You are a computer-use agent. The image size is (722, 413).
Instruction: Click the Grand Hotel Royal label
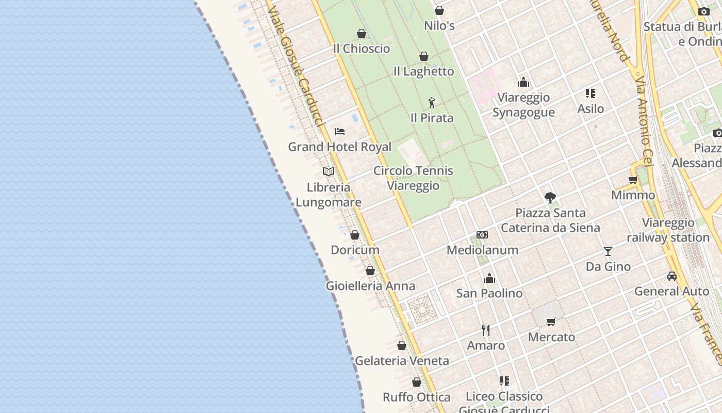(x=339, y=147)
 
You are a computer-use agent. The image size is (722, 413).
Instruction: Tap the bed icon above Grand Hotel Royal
(x=340, y=132)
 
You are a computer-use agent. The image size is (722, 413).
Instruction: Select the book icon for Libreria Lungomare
(x=329, y=172)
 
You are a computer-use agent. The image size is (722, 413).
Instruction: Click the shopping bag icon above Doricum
(x=355, y=235)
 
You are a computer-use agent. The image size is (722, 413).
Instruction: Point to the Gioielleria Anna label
(x=370, y=286)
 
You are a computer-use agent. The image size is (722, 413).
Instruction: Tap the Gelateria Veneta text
(x=402, y=361)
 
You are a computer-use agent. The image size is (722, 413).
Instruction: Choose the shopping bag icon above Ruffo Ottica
(x=417, y=382)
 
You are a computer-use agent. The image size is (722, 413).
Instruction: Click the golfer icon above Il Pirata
(x=432, y=103)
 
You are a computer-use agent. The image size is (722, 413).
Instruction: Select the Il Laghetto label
(x=423, y=72)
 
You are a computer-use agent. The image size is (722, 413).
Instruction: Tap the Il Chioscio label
(x=362, y=49)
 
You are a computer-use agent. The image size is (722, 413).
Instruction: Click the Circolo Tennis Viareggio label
(x=413, y=178)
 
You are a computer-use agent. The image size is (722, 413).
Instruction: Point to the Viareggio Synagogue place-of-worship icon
(x=523, y=82)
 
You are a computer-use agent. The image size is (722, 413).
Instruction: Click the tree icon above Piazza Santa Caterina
(x=550, y=197)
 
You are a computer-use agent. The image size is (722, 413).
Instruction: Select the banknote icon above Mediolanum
(x=482, y=235)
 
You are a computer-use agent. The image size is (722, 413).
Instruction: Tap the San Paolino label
(x=489, y=293)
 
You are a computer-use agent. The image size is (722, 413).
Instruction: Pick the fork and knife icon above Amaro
(x=486, y=330)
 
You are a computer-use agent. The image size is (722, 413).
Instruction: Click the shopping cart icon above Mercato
(x=551, y=322)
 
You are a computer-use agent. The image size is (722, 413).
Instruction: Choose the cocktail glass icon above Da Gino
(x=608, y=251)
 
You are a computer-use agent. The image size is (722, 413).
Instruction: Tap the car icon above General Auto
(x=671, y=276)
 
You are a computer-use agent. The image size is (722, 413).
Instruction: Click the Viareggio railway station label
(x=668, y=230)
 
